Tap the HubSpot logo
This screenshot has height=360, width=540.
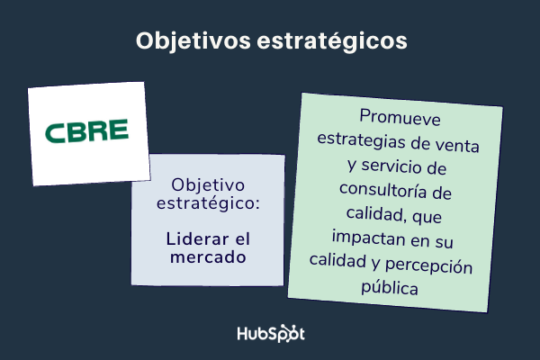[270, 333]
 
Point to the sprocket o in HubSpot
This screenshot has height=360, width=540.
[288, 334]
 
